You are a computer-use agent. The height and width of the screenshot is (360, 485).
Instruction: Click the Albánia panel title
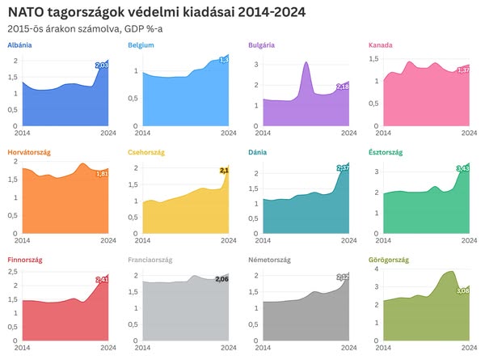point(19,45)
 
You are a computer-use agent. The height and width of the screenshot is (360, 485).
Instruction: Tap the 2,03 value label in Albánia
point(101,65)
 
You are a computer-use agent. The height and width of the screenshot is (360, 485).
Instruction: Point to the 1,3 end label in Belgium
point(224,60)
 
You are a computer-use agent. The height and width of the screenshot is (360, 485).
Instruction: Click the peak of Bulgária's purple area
point(306,63)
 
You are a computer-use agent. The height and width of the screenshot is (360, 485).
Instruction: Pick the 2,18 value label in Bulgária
point(342,87)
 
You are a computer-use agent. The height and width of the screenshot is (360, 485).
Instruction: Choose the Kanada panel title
point(380,45)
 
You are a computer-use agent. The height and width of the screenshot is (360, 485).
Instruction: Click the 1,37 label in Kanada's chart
point(463,70)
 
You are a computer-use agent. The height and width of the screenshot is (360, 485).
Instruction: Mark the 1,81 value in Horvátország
point(102,173)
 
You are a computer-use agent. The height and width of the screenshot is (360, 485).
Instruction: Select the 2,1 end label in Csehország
point(224,171)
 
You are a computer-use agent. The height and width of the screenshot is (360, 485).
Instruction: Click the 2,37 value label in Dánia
point(343,168)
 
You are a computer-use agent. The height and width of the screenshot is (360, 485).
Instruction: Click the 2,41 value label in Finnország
point(102,279)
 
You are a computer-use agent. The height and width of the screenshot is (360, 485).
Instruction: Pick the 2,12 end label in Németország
point(342,277)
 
